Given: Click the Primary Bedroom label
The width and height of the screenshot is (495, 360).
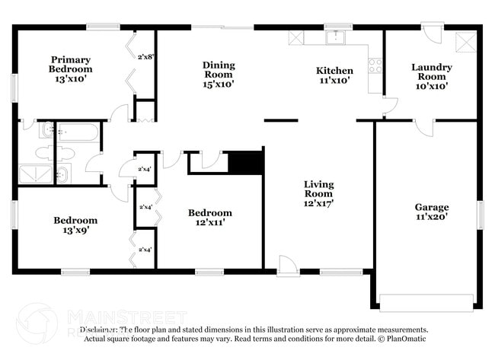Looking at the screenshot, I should pos(70,64).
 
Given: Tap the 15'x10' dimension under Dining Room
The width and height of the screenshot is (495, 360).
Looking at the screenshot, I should pos(219,84).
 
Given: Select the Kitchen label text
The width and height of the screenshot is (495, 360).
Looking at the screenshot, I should pos(334,71).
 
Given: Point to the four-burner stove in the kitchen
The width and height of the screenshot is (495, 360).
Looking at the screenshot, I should pos(375,65).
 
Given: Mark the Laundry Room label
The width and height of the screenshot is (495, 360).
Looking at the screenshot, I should pos(432,72).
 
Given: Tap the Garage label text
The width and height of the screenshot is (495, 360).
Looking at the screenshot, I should pos(432,207).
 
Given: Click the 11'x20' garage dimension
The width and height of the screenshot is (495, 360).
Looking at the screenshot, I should pos(432,217).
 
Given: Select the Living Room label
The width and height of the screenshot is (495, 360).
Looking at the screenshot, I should pos(319,189).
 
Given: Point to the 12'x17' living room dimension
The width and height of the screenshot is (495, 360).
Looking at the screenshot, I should pos(319,203).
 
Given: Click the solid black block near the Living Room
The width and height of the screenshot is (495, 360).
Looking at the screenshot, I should pos(245,162).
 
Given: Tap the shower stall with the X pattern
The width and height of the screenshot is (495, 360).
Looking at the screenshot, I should pos(33,175).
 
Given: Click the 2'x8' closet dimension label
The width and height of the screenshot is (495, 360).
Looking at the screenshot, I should pos(145,56).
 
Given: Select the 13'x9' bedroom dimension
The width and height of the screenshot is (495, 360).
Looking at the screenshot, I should pos(75,231).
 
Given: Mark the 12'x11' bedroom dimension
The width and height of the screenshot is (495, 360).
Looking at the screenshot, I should pos(209,223).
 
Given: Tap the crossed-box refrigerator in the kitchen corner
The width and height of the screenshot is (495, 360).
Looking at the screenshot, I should pos(295,37).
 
